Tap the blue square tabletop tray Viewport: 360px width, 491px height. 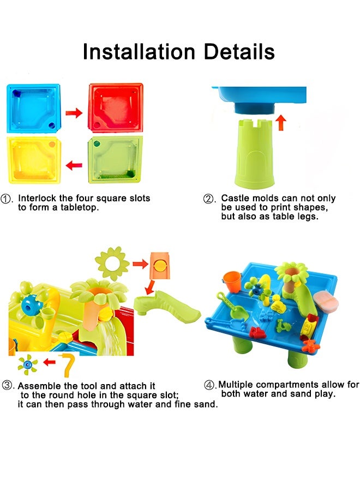point(33,109)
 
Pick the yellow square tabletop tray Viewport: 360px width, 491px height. point(34,160)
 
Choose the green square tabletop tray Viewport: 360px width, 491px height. point(115,159)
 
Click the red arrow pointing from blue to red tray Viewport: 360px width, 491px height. point(74,113)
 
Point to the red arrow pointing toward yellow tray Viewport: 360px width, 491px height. point(74,165)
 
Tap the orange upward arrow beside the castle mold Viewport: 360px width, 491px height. point(281,122)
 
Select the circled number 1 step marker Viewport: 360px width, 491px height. point(6,199)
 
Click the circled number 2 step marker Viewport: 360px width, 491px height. point(208,199)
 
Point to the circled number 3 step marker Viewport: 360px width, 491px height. point(7,385)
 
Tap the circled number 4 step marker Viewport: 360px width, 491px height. point(209,385)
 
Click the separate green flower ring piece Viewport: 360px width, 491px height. point(112,264)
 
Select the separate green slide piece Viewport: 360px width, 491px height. point(167,306)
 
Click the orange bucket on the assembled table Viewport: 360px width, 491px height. point(232,281)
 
